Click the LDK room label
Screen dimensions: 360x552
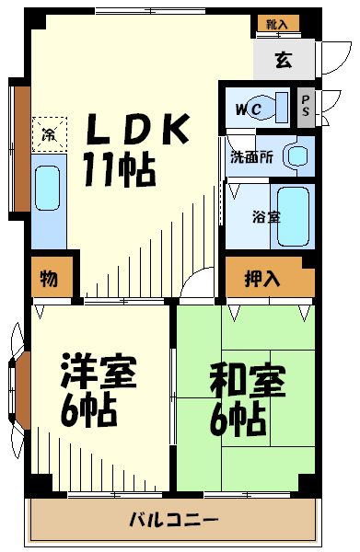click(138, 129)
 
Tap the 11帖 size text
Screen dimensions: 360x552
click(119, 169)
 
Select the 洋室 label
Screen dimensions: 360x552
click(99, 371)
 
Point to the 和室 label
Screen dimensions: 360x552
click(248, 381)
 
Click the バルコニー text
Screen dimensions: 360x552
click(174, 520)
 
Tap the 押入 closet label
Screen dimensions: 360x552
click(262, 279)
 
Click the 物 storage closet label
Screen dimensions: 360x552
click(49, 278)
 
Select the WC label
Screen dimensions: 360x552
click(249, 109)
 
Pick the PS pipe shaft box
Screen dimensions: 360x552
click(306, 107)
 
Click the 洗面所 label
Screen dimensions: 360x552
click(251, 157)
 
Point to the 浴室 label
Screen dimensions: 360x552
click(266, 217)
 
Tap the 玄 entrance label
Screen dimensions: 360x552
click(284, 60)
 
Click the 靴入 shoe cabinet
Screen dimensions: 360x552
click(278, 24)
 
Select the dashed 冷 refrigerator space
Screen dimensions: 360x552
click(50, 134)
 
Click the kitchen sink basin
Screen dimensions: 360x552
click(48, 188)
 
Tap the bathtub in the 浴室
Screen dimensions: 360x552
click(293, 216)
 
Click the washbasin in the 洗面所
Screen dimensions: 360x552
click(298, 156)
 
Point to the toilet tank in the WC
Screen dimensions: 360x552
click(282, 108)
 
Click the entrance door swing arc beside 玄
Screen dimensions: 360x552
click(336, 59)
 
